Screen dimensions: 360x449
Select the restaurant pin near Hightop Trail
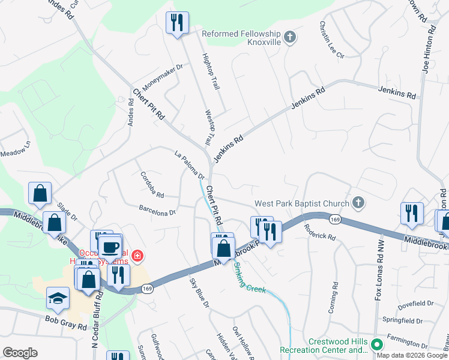[177, 23]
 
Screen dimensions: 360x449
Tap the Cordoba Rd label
[152, 185]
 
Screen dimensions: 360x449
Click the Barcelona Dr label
[157, 211]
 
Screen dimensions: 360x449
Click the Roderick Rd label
[319, 232]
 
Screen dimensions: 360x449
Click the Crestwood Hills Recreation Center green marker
[377, 345]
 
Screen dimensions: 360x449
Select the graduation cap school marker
[58, 300]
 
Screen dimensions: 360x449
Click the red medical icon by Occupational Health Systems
[137, 257]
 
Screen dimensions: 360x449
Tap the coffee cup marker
[110, 247]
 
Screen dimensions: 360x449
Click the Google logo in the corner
[20, 353]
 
